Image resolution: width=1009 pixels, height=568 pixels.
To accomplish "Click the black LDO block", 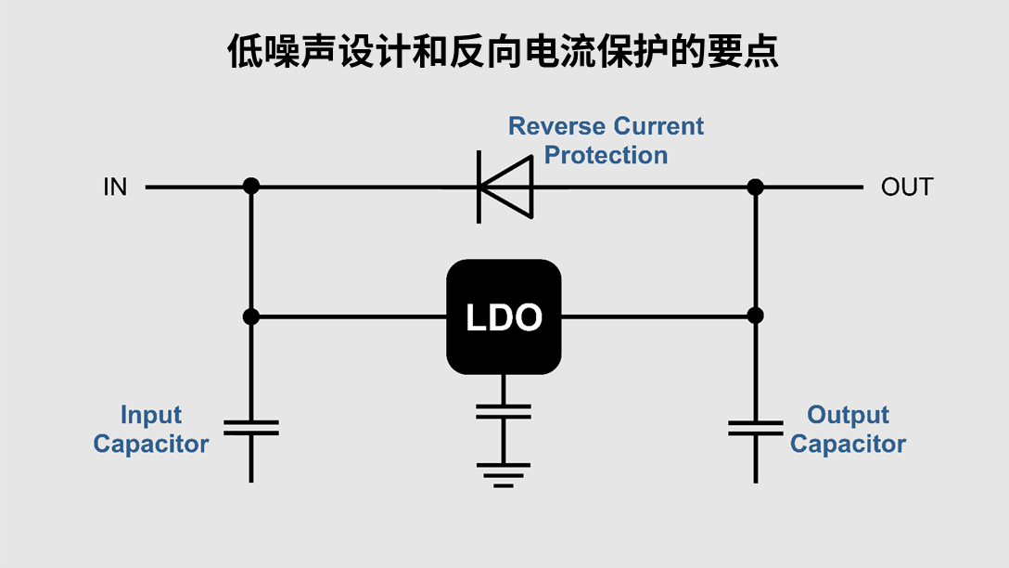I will [x=504, y=317].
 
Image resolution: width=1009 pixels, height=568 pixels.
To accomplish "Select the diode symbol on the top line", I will [x=504, y=187].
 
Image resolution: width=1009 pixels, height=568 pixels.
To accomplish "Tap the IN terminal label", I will [x=115, y=187].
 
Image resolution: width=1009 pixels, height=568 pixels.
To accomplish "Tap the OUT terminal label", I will [x=906, y=187].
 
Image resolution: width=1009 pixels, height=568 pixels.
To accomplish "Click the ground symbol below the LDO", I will [x=504, y=474].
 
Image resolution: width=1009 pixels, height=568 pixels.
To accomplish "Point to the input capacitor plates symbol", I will [x=250, y=428].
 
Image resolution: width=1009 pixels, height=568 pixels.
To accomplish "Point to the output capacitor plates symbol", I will [x=755, y=428].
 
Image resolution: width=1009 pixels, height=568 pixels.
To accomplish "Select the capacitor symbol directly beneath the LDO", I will [x=504, y=412].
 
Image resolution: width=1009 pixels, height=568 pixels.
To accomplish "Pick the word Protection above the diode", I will [x=606, y=155].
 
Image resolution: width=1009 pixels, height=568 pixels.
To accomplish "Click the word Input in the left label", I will [x=151, y=415].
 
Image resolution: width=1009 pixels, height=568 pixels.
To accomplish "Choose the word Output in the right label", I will [x=848, y=415].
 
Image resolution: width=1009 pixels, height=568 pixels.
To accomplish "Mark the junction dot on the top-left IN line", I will [x=250, y=187].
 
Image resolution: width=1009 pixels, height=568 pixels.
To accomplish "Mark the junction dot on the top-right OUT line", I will [x=755, y=187].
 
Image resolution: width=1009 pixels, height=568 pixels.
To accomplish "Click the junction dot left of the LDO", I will [x=250, y=316].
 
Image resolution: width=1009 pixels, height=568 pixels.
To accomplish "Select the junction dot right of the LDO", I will [x=755, y=316].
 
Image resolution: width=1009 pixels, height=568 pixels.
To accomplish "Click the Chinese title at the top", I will [x=504, y=52].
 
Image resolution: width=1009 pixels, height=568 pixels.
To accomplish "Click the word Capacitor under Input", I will [x=151, y=444].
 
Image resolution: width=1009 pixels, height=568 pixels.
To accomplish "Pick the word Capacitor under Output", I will [x=848, y=444].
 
